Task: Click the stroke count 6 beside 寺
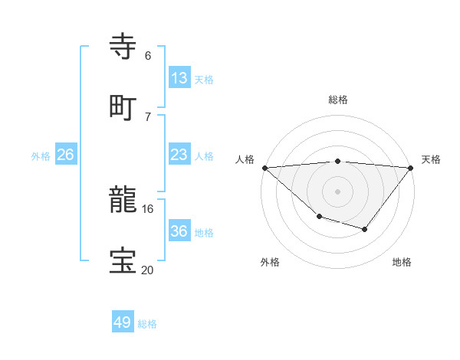point(148,56)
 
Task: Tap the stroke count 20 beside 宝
point(148,270)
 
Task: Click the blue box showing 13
point(179,78)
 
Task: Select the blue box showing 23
point(179,155)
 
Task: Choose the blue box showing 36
point(179,231)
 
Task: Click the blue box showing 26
point(65,155)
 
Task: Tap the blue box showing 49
point(123,322)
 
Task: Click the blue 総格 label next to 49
point(148,324)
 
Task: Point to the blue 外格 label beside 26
point(41,156)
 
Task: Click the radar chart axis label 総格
point(338,100)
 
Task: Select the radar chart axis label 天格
point(431,159)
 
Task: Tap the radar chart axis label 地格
point(402,262)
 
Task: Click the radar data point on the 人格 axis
point(264,168)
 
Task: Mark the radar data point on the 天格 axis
point(411,168)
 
